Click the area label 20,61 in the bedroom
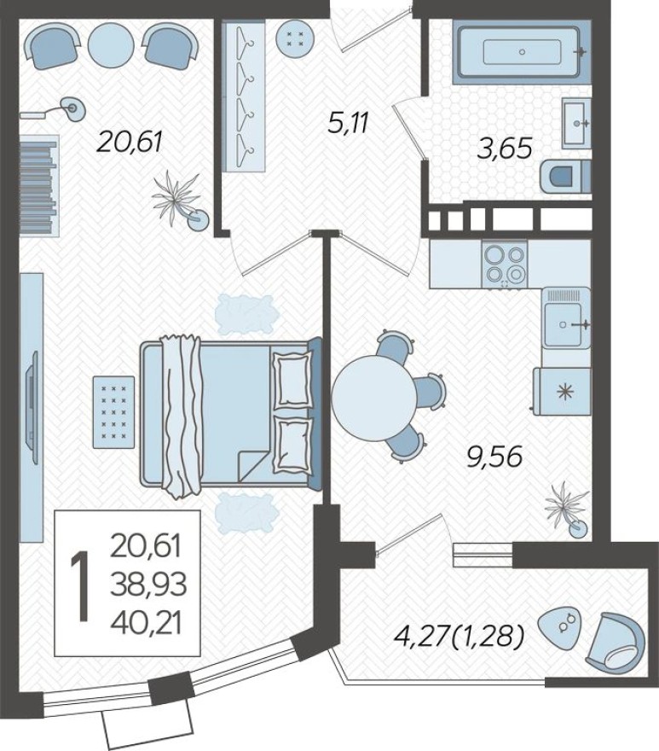point(130,140)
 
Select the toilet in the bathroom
point(565,177)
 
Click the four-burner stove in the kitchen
point(505,263)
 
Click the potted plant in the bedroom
point(180,201)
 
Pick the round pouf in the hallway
point(296,37)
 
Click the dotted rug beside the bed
point(113,410)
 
